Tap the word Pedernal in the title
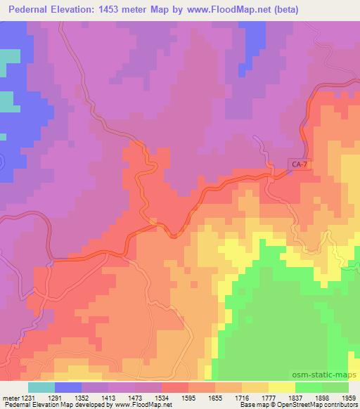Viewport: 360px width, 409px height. pyautogui.click(x=32, y=10)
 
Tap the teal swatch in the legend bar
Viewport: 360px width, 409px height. pyautogui.click(x=41, y=388)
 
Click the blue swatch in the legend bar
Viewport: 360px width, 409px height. pyautogui.click(x=68, y=388)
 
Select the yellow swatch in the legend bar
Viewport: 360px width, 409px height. pyautogui.click(x=282, y=388)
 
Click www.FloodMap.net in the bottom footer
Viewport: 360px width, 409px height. pyautogui.click(x=141, y=405)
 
